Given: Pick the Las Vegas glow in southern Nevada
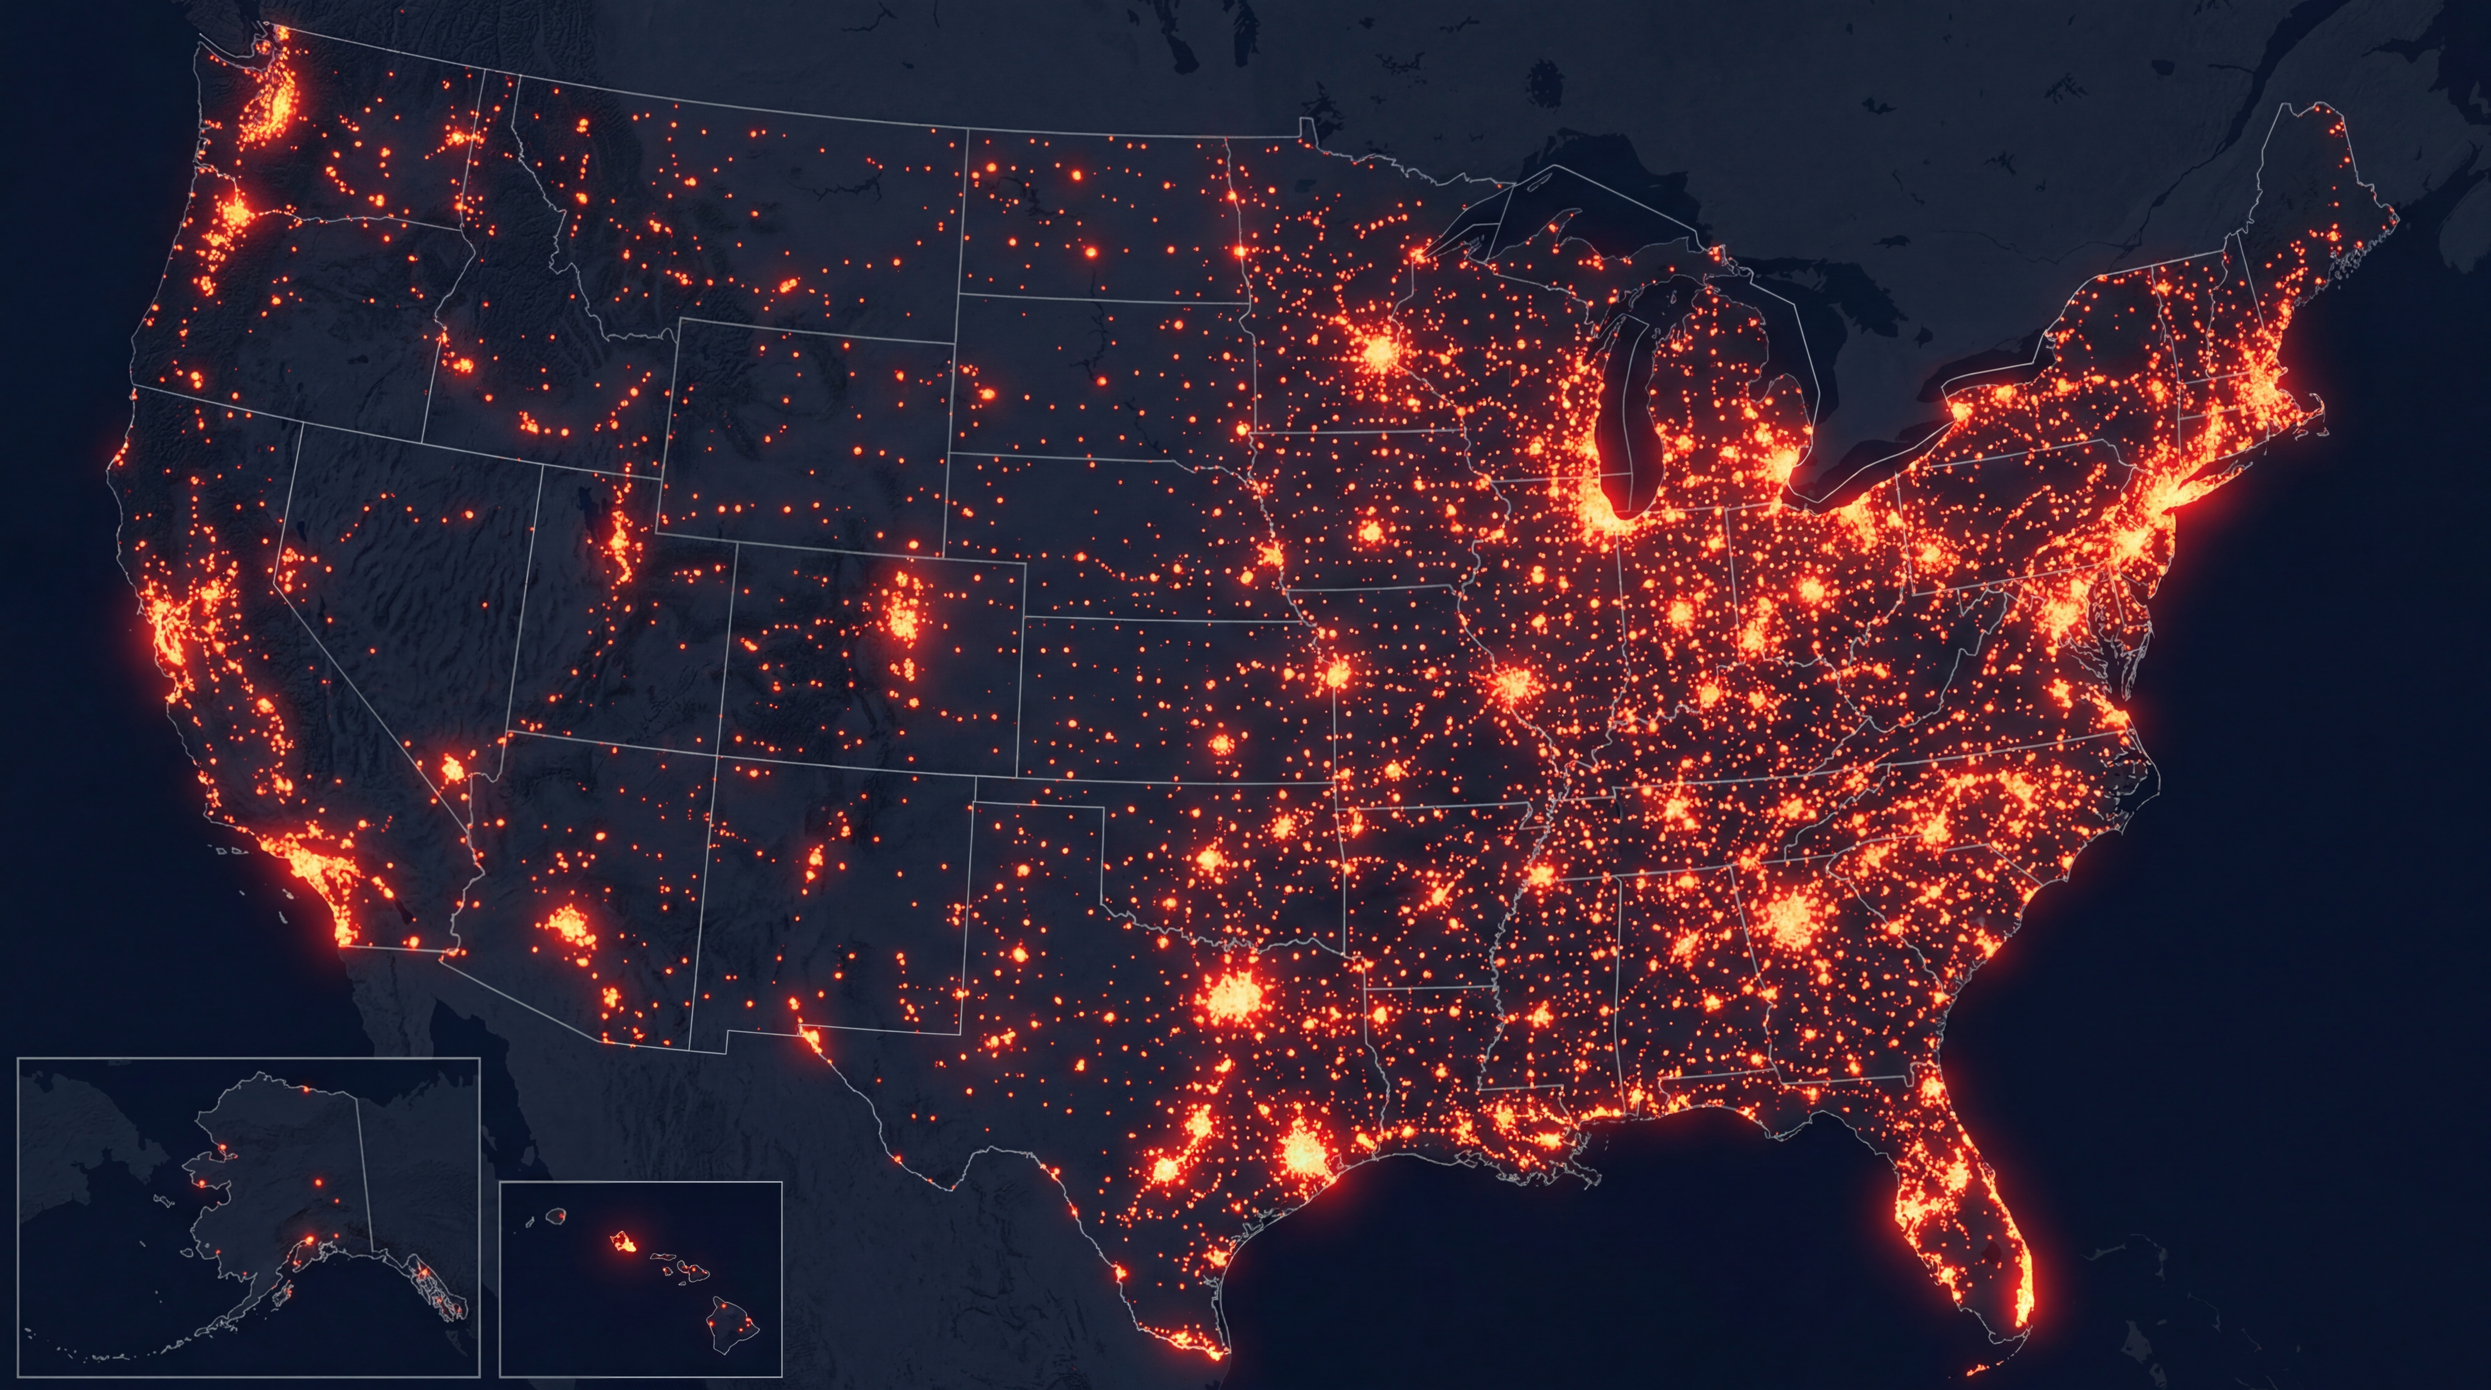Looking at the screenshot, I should click(452, 771).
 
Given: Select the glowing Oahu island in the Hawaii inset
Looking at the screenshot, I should click(622, 1240).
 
